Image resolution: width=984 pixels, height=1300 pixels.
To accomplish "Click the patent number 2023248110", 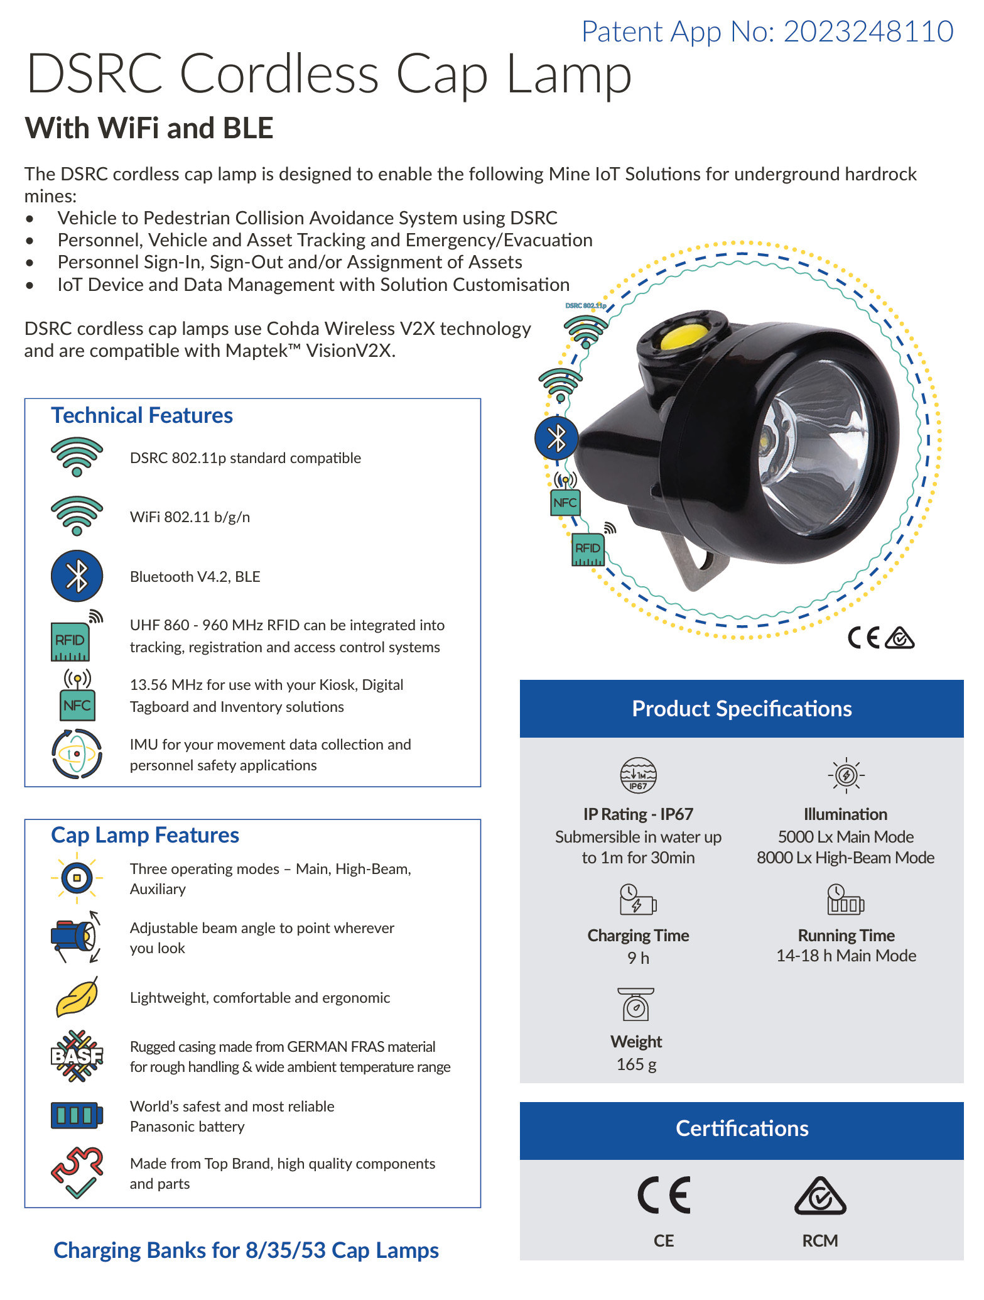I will point(868,31).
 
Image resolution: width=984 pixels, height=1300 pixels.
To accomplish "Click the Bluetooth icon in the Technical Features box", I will point(77,576).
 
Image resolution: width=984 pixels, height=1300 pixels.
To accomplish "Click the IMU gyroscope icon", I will point(77,753).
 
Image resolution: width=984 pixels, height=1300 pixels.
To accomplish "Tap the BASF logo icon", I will point(77,1056).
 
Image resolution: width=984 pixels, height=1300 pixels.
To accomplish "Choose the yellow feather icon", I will point(77,997).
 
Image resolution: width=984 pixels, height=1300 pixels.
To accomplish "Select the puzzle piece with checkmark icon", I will point(77,1173).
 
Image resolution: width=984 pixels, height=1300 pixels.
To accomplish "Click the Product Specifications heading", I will point(742,709).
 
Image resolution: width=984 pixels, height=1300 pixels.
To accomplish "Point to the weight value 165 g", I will point(636,1064).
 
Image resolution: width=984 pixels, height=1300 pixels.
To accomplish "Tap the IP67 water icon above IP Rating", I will point(638,775).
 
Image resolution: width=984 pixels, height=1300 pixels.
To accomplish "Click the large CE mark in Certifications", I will point(664,1195).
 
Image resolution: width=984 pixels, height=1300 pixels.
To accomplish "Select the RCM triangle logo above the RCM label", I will point(820,1196).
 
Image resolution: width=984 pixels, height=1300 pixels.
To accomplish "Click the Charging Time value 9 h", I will point(638,958).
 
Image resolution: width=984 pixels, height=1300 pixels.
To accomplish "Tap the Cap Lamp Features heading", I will point(145,835).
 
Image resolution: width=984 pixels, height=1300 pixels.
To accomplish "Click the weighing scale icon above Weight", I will point(636,1004).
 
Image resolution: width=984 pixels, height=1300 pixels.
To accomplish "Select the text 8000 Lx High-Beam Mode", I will point(845,858).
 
